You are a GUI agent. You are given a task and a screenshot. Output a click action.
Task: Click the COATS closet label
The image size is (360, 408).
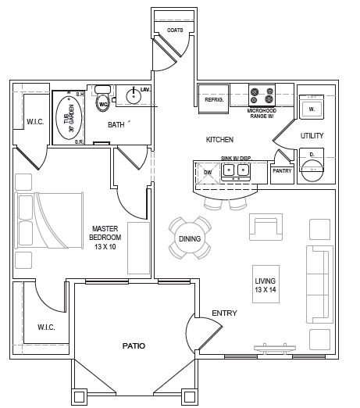tap(175, 30)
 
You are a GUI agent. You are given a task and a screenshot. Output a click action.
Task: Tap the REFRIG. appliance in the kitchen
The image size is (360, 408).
tap(214, 101)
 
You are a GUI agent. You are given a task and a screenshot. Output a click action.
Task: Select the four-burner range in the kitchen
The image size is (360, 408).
tap(262, 95)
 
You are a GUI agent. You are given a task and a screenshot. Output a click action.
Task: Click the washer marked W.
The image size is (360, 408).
tap(312, 108)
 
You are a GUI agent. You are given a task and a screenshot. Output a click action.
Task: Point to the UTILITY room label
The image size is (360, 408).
tap(312, 136)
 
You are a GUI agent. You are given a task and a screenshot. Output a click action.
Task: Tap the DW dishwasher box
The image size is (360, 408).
tap(208, 173)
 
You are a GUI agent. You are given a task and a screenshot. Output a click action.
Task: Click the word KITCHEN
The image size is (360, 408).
tap(219, 140)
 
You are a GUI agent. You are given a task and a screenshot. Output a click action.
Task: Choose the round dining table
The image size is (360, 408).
tap(190, 237)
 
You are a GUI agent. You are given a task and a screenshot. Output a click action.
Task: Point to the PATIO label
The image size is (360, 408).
tap(134, 345)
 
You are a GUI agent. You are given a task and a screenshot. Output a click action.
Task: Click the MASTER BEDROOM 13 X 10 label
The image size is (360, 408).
tap(104, 236)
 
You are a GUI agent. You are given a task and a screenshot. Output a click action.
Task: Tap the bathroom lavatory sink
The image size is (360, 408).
tap(132, 98)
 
